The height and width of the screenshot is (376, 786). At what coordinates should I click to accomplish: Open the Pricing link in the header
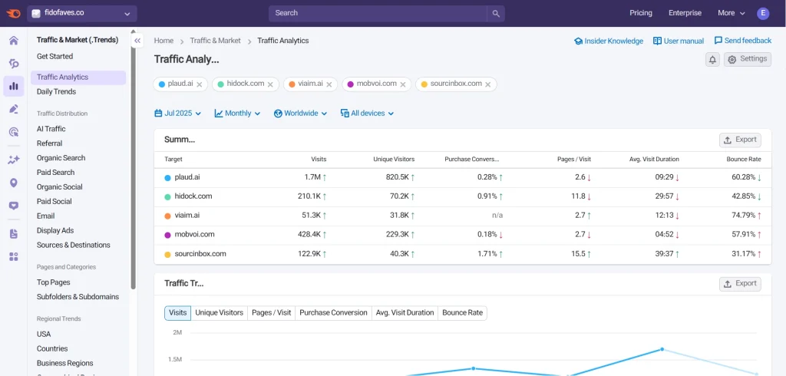pos(640,13)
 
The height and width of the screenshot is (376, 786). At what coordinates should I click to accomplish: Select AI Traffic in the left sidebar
pos(51,129)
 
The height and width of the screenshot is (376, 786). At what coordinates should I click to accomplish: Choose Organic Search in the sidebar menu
pos(61,158)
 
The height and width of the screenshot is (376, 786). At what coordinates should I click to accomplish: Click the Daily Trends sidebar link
pos(56,92)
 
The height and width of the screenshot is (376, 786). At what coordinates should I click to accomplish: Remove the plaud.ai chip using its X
pos(200,84)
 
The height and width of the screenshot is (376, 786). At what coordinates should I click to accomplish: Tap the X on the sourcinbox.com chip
pos(489,84)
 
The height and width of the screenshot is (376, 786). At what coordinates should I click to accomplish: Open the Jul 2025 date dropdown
pos(177,114)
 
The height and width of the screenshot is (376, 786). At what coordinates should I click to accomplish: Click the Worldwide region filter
pos(300,114)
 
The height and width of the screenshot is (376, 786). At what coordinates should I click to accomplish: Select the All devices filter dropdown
pos(367,114)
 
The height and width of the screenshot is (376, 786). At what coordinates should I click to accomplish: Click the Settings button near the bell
pos(747,59)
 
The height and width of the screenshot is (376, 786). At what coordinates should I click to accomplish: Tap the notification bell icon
pos(712,60)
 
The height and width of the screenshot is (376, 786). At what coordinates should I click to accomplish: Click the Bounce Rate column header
pos(743,160)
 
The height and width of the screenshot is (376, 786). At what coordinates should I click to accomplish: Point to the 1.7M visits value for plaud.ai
pos(312,177)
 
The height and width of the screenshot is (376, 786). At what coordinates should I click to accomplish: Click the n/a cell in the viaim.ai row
pos(497,216)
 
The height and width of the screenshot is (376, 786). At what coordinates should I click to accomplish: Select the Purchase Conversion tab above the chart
pos(333,313)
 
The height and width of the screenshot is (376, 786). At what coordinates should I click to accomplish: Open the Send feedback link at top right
pos(742,41)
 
